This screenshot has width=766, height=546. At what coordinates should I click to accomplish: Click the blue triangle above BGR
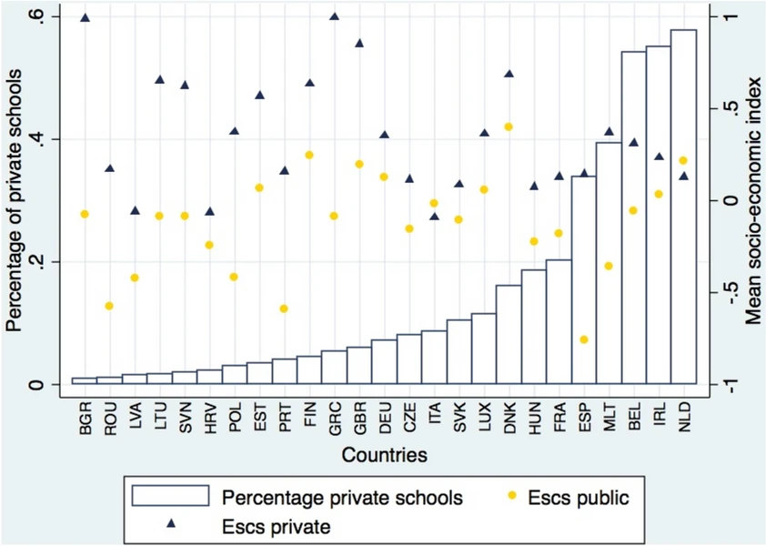click(85, 17)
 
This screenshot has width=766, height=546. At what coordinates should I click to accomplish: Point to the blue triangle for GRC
click(334, 16)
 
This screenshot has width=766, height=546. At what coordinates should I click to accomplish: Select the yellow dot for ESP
click(584, 339)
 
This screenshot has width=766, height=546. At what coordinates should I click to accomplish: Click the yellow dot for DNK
click(509, 126)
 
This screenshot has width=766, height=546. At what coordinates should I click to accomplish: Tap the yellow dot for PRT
click(284, 308)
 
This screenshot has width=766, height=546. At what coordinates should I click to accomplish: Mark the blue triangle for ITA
click(434, 216)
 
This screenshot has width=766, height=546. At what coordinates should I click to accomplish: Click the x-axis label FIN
click(309, 413)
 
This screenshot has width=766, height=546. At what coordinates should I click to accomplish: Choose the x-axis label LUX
click(483, 413)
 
